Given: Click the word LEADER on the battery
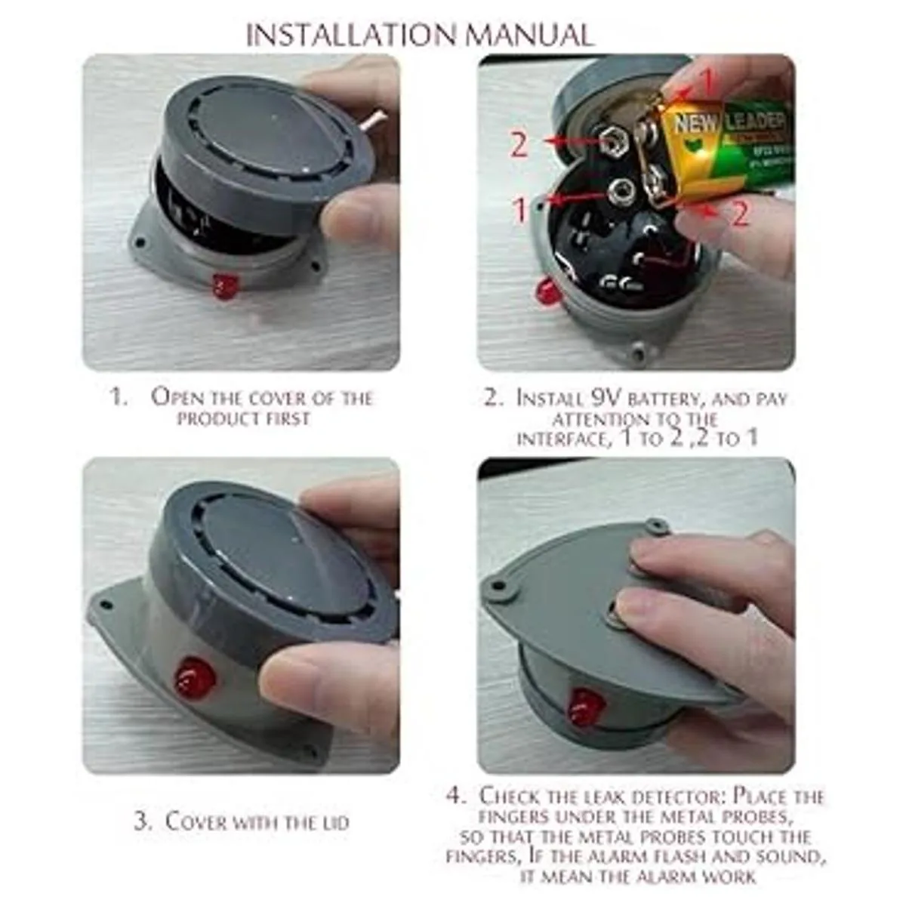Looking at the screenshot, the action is [x=756, y=123].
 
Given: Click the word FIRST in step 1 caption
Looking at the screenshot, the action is [x=287, y=418].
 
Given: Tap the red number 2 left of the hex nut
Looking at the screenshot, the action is [x=519, y=145].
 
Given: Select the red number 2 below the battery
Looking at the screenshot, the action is [x=740, y=214].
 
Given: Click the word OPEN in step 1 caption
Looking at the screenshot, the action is [x=177, y=398].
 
